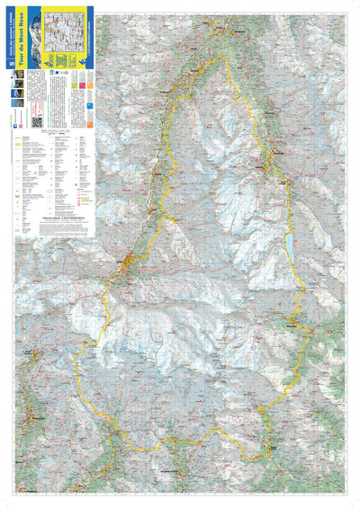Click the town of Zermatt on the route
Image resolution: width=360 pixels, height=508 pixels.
pos(133,263)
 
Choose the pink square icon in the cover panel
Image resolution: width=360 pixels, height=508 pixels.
pos(88,84)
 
